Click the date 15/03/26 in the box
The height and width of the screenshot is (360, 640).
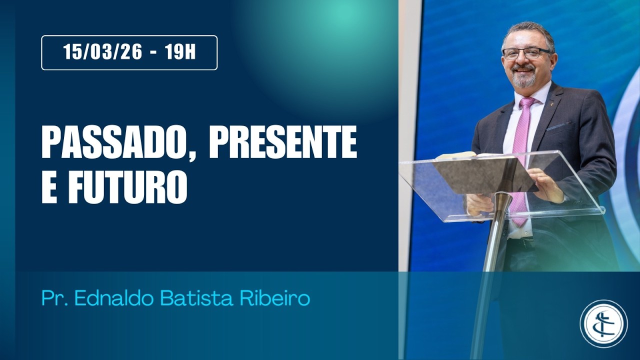(103, 52)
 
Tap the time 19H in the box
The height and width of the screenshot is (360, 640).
(180, 52)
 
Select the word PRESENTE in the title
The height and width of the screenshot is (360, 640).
(282, 142)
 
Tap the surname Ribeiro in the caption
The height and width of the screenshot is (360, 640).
(283, 298)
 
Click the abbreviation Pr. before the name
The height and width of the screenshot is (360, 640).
(56, 298)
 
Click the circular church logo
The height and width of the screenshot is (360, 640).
(603, 323)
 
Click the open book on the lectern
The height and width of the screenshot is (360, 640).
(462, 155)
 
